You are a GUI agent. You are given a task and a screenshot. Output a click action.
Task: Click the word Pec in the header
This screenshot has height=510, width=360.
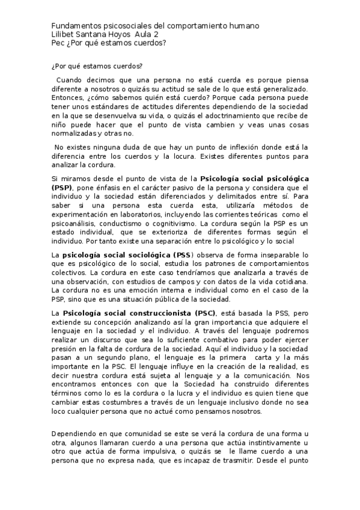(x=58, y=43)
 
